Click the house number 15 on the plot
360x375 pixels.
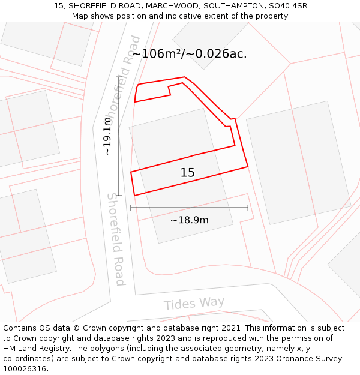click(x=187, y=173)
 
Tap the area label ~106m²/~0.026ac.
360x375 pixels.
click(x=189, y=54)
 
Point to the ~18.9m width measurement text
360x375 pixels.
click(x=189, y=220)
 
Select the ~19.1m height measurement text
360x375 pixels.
click(x=107, y=136)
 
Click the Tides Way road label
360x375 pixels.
click(x=194, y=304)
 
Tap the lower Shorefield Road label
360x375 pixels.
click(x=116, y=239)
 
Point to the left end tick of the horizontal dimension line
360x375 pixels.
click(x=131, y=208)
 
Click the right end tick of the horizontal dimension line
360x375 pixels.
click(x=248, y=208)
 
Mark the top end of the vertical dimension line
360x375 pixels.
click(x=119, y=77)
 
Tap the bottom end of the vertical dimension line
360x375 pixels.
click(x=119, y=196)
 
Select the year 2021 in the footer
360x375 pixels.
click(x=230, y=328)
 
